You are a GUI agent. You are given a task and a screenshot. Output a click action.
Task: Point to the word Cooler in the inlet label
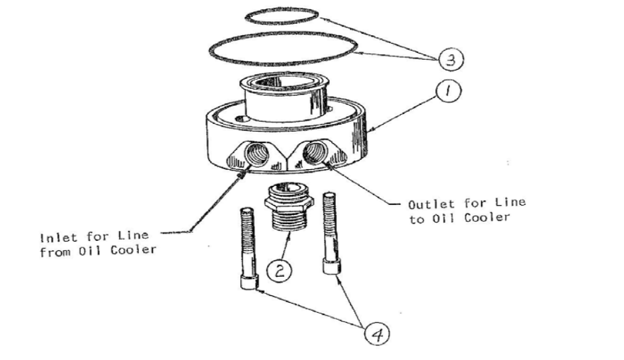(x=137, y=249)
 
